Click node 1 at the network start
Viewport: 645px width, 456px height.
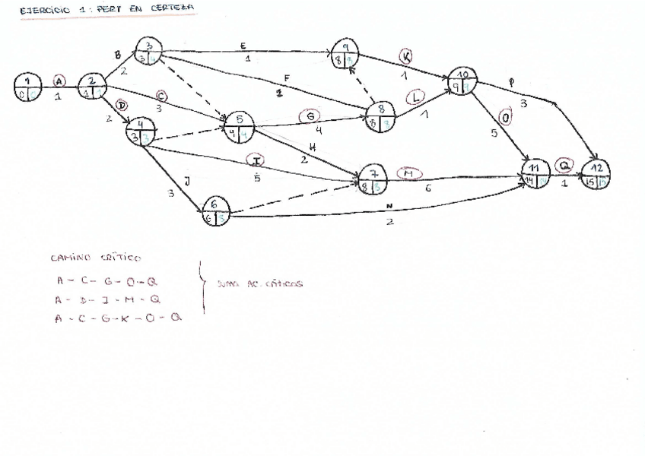tap(27, 87)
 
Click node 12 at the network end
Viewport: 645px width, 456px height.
tap(596, 174)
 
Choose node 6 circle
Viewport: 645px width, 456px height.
tap(216, 211)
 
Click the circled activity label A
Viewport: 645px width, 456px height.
tap(59, 81)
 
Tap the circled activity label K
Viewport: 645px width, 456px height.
tap(407, 57)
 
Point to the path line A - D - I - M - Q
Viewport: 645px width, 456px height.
tap(107, 299)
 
